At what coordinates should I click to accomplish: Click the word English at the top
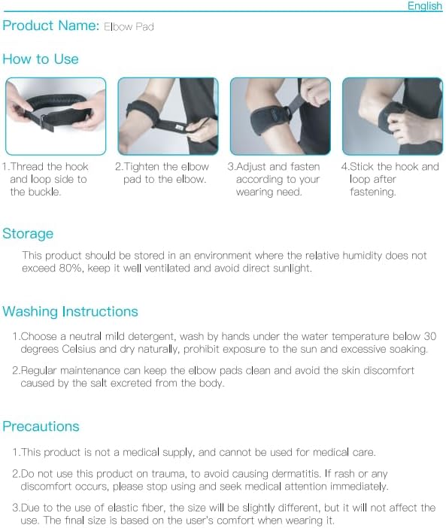[424, 6]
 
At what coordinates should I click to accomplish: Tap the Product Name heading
[50, 26]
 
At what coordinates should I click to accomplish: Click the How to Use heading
[41, 59]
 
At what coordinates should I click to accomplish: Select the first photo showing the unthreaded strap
[56, 116]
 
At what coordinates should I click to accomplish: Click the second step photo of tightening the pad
[168, 116]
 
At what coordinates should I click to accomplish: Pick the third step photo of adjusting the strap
[280, 116]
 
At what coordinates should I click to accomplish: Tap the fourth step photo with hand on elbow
[392, 116]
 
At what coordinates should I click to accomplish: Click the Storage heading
[28, 234]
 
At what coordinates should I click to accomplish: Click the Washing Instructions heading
[71, 312]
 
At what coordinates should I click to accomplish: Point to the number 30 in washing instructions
[429, 336]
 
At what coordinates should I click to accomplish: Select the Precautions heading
[41, 427]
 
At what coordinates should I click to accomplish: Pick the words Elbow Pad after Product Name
[129, 27]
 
